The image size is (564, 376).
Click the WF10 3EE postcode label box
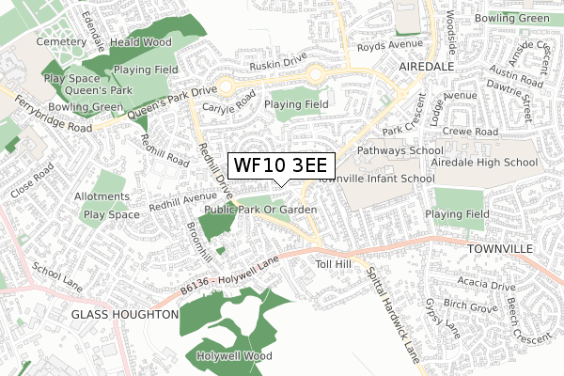(x=274, y=165)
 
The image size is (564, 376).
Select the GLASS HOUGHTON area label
(x=125, y=314)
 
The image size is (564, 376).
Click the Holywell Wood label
(x=234, y=356)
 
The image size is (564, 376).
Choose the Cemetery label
(x=61, y=42)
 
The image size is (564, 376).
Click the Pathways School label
(x=399, y=150)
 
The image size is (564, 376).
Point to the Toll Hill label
(x=333, y=264)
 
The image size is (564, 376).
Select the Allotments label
(x=103, y=196)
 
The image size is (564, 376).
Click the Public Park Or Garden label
(x=260, y=209)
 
